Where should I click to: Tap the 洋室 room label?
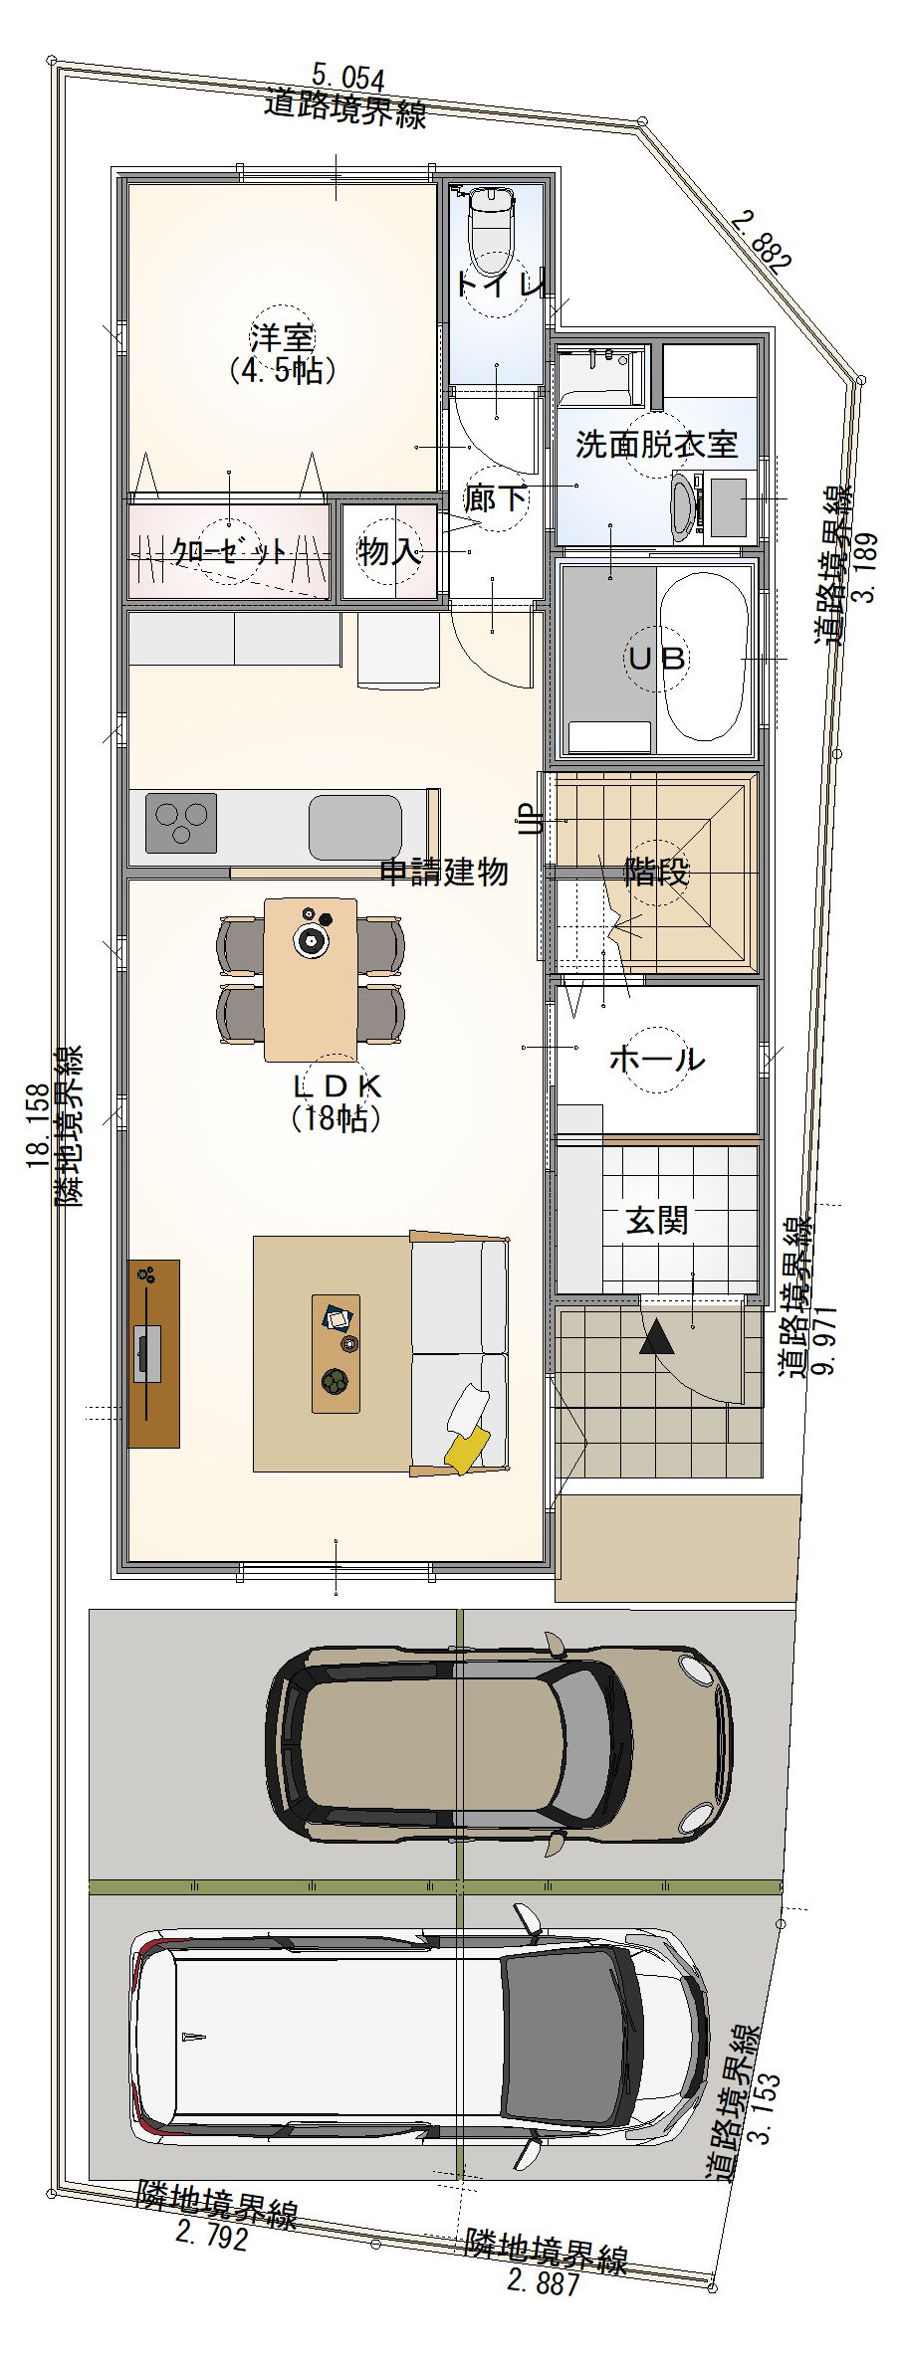tap(282, 336)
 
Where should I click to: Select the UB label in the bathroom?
tap(656, 658)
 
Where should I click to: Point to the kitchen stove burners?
tap(181, 823)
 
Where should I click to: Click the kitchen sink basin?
tap(355, 827)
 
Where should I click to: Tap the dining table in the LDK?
tap(311, 979)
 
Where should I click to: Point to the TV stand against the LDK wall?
tap(154, 1353)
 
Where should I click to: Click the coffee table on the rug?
tap(337, 1353)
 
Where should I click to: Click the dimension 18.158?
tap(39, 1124)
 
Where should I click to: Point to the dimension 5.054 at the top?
tap(347, 77)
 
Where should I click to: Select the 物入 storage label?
tap(389, 551)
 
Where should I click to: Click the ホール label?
tap(657, 1059)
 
